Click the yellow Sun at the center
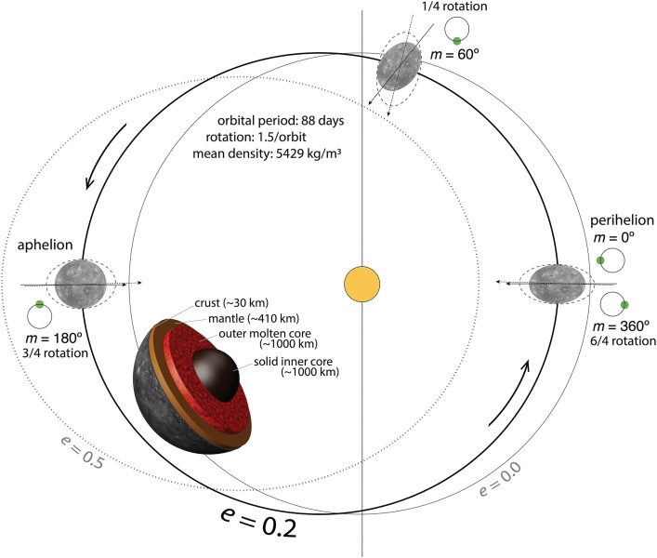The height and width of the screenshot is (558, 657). tap(362, 285)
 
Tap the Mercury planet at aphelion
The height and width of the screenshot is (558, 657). tap(81, 284)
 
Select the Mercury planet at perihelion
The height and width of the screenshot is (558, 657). tap(557, 284)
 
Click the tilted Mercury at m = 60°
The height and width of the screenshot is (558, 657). tap(397, 67)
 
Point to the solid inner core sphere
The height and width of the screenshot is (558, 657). tap(216, 375)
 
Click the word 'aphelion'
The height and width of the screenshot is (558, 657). tap(45, 245)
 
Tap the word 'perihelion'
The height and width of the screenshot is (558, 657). tap(622, 220)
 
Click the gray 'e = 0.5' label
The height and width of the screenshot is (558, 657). tap(81, 453)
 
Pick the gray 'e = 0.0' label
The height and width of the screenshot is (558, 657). tap(500, 479)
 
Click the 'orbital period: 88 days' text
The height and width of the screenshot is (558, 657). tap(281, 121)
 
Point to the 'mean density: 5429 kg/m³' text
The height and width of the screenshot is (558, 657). tap(267, 153)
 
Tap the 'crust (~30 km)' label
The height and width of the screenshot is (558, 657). tap(231, 302)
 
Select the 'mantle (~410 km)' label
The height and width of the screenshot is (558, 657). tap(254, 319)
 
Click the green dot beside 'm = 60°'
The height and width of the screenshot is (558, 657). tap(456, 41)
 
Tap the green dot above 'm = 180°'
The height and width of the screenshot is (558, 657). tap(39, 304)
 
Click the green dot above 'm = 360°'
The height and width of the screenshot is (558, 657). tap(624, 305)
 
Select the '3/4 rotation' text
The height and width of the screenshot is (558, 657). tap(56, 353)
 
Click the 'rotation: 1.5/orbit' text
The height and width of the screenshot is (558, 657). tap(256, 137)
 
